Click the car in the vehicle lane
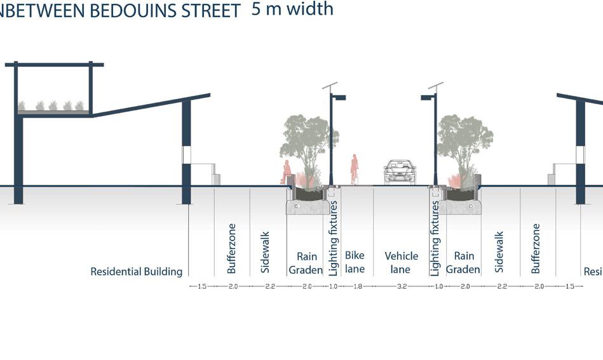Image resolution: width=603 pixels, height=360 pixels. tap(400, 172)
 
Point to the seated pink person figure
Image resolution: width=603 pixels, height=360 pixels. tap(287, 172)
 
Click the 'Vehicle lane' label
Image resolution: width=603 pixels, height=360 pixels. tap(402, 262)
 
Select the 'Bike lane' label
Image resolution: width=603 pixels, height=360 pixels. tap(355, 262)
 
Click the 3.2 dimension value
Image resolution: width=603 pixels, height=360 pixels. tap(402, 286)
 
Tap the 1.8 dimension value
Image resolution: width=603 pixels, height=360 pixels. tap(355, 286)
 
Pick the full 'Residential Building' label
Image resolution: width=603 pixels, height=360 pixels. tap(136, 272)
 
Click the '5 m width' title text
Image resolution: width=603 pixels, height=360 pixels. tap(292, 9)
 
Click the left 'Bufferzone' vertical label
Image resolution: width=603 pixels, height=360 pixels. tap(232, 248)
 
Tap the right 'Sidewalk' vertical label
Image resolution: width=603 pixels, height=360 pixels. tap(499, 252)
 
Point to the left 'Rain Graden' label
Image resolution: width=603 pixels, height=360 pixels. tap(306, 263)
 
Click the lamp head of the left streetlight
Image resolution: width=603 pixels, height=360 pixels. tap(339, 98)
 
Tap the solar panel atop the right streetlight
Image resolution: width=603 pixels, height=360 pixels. tap(436, 85)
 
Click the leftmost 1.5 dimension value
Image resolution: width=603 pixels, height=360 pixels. tap(202, 286)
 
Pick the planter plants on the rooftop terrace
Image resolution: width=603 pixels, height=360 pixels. tap(53, 105)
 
